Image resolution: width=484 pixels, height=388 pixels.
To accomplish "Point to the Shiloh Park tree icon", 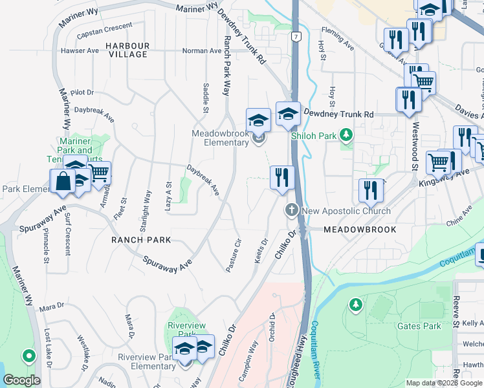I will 347,135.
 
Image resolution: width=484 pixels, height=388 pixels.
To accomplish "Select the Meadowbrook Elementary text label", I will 220,138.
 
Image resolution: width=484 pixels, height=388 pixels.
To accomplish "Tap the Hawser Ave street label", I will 80,50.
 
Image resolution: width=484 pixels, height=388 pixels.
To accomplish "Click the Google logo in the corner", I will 21,380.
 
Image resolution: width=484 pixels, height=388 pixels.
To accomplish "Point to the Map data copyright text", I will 444,383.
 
